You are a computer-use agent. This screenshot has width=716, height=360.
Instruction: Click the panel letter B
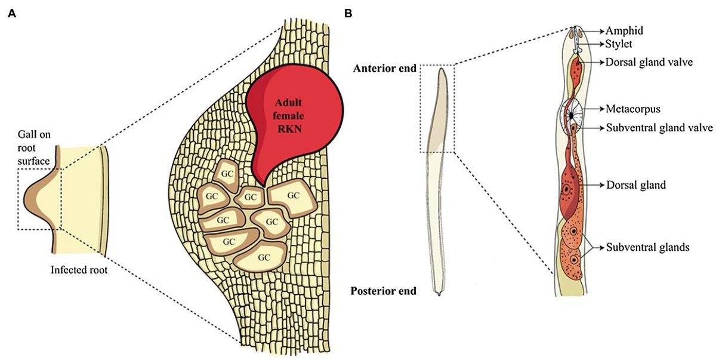coord(348,14)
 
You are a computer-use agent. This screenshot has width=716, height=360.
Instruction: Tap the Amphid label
coord(625,30)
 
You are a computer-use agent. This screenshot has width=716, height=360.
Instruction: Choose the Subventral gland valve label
coord(659,128)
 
